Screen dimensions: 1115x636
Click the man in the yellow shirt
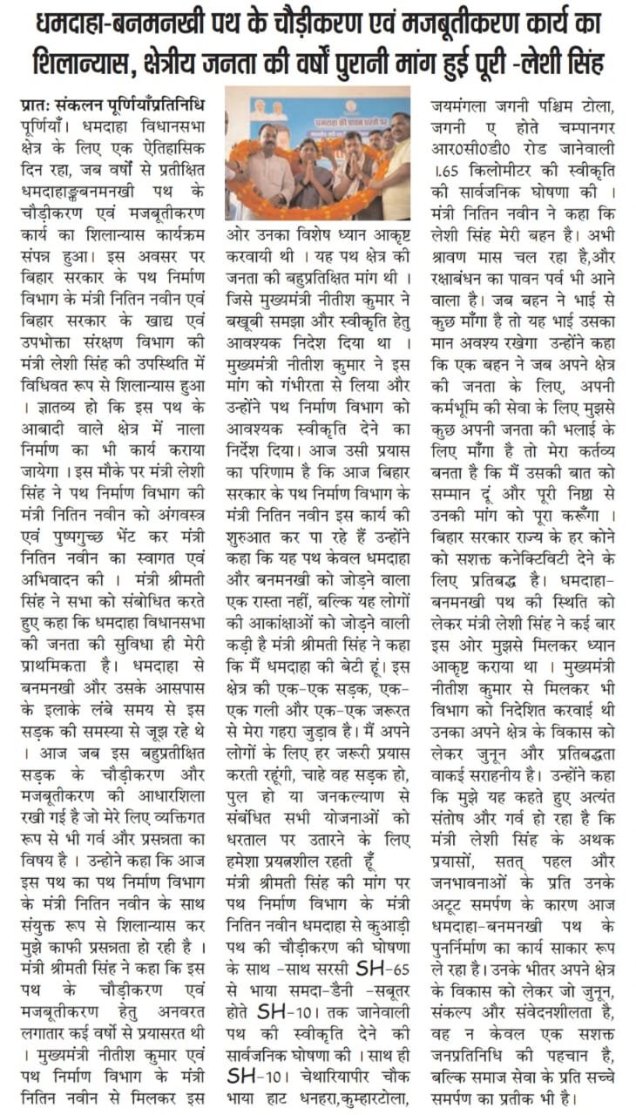(397, 166)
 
